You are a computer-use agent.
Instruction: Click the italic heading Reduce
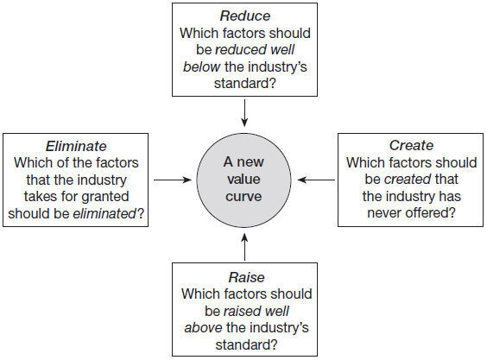point(245,16)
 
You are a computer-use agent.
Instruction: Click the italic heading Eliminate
point(76,146)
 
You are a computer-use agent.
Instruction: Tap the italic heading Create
point(411,145)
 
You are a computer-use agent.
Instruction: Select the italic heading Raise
point(247,277)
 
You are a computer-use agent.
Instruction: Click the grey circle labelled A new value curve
point(244,180)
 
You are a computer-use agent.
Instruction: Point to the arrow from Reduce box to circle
point(244,113)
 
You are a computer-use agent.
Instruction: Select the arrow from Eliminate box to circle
point(173,180)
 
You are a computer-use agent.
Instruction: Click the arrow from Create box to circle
point(316,180)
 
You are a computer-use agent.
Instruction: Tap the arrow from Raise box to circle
point(244,247)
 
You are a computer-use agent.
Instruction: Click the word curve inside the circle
point(244,197)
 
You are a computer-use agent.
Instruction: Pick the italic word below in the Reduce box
point(201,66)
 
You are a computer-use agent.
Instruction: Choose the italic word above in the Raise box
point(203,328)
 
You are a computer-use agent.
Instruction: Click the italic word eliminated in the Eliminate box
point(104,213)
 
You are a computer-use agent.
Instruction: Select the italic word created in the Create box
point(408,180)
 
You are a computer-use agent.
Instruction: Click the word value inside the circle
point(244,180)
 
